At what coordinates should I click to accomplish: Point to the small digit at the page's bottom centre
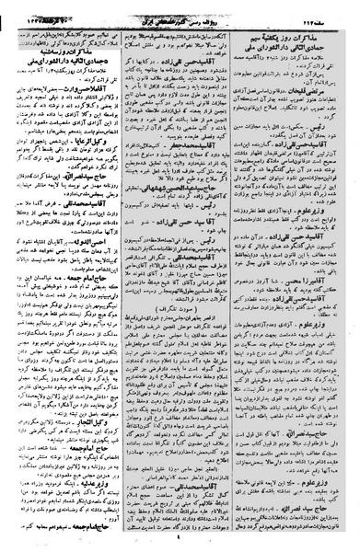(180, 543)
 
